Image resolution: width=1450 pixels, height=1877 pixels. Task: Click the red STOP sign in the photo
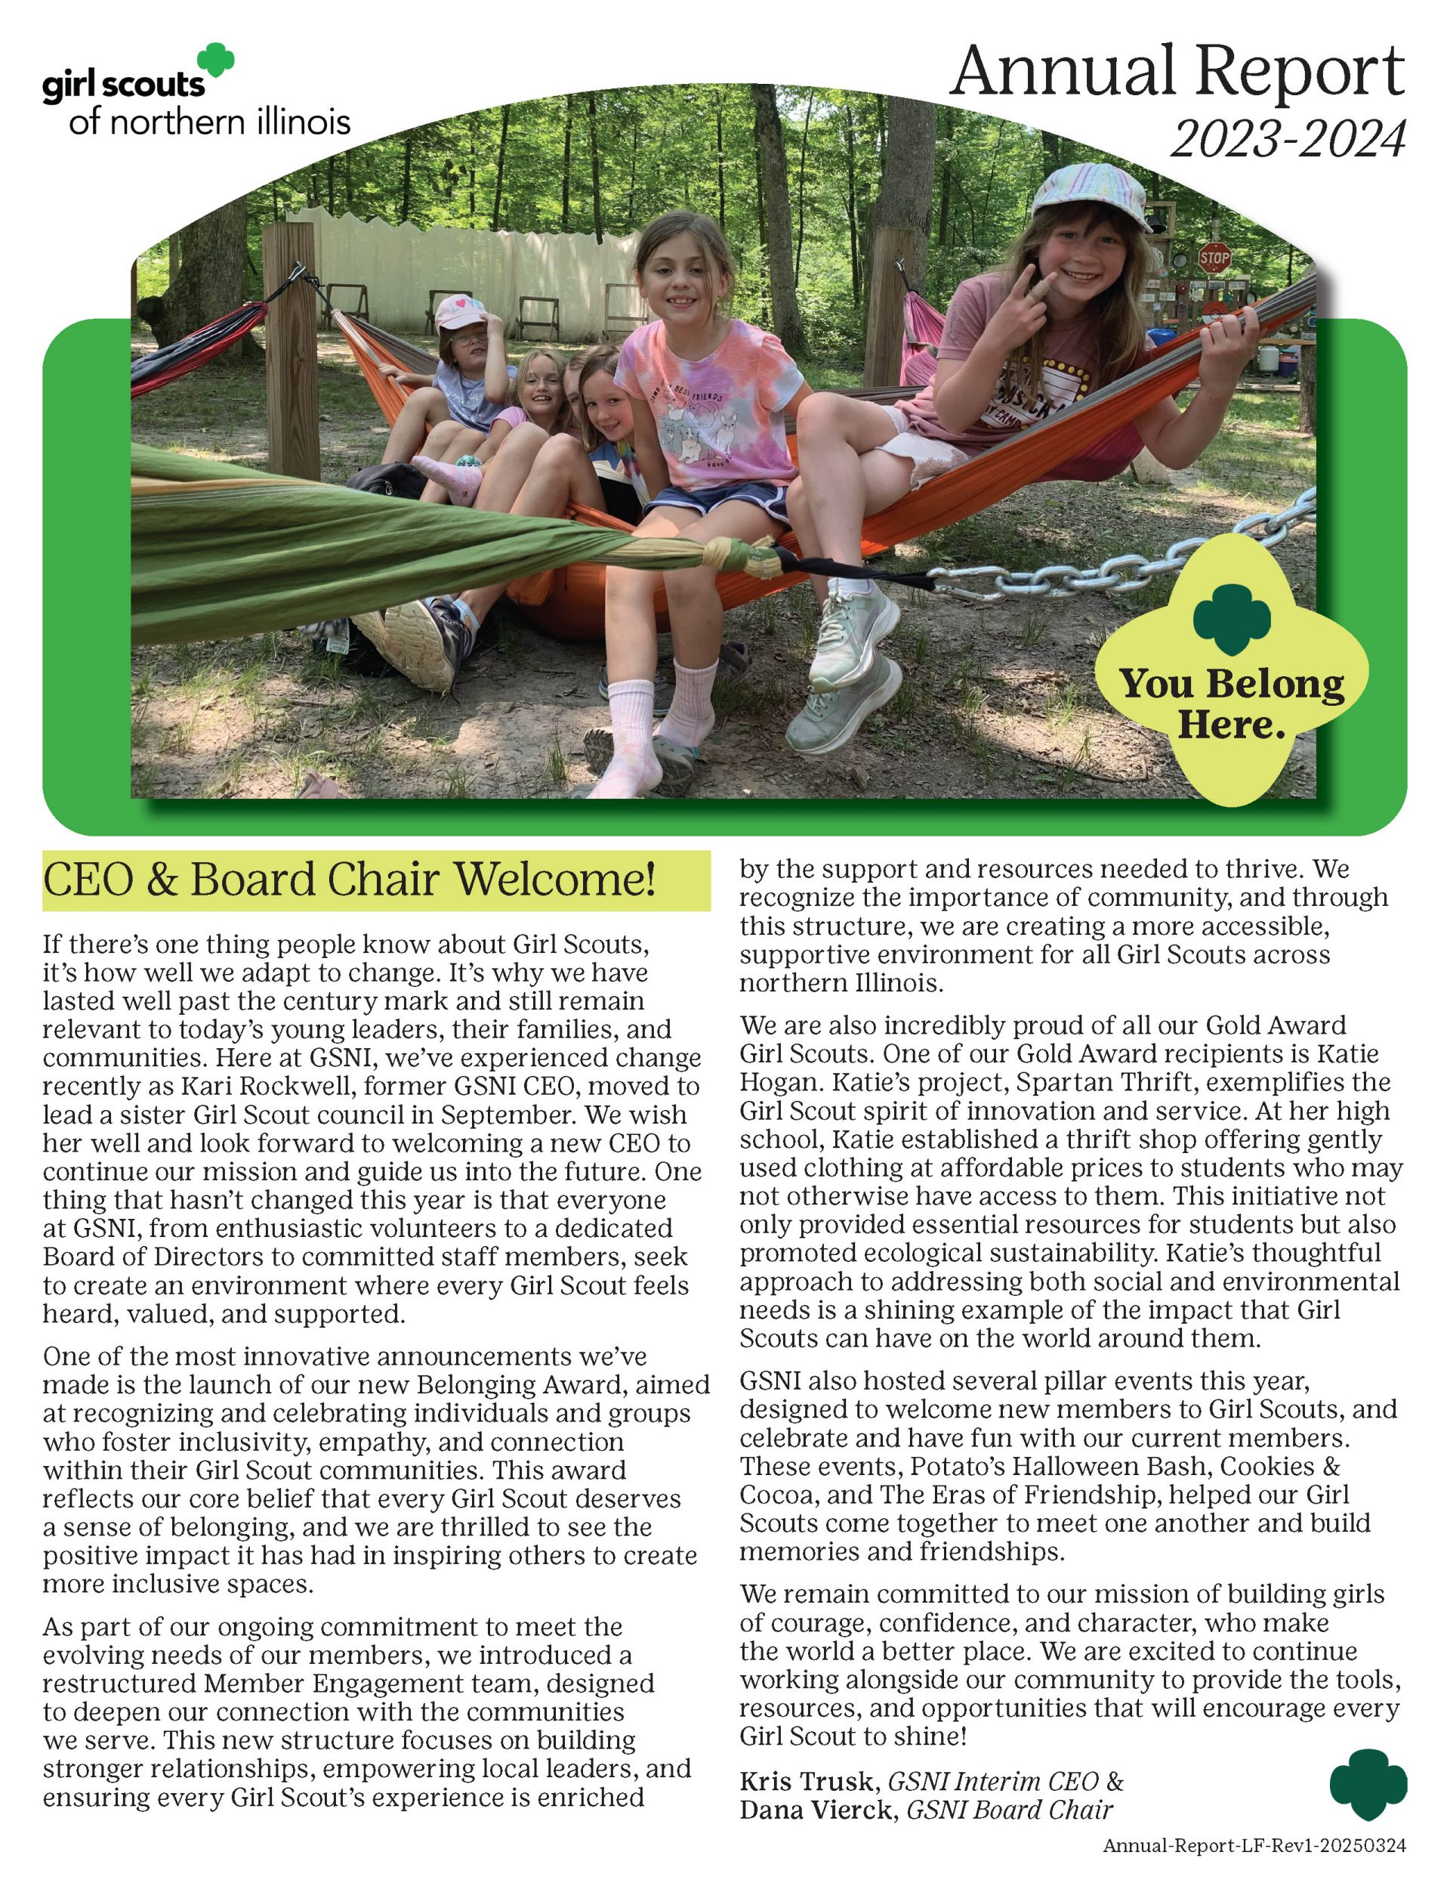pyautogui.click(x=1214, y=256)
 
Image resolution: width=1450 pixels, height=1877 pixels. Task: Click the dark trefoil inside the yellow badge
pyautogui.click(x=1231, y=620)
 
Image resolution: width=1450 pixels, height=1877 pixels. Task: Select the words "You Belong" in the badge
pyautogui.click(x=1231, y=684)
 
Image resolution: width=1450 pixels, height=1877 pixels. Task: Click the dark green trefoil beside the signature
pyautogui.click(x=1368, y=1787)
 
